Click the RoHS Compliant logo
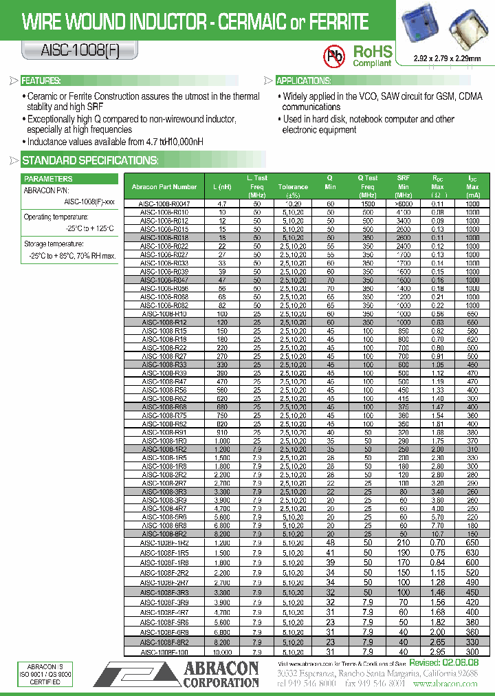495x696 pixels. tap(372, 56)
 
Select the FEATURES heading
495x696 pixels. tap(41, 80)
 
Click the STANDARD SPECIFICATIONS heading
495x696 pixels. tap(90, 161)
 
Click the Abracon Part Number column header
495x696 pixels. tap(164, 186)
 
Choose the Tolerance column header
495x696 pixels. tap(293, 186)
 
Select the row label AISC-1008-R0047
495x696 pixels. tap(164, 204)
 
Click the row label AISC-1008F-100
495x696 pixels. tap(164, 652)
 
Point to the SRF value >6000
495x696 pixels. tap(404, 204)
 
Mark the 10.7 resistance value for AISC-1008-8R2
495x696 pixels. tap(437, 534)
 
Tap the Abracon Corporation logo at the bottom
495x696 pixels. tap(179, 675)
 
